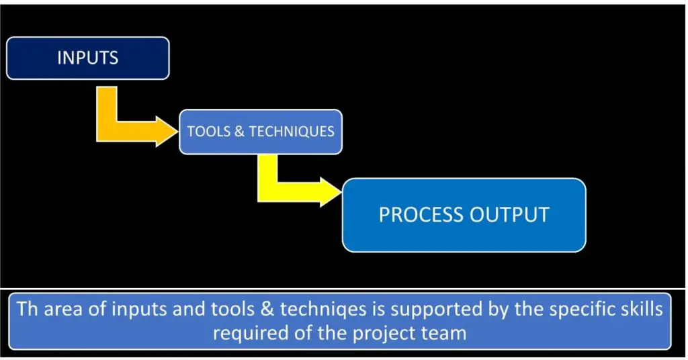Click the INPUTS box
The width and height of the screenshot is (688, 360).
tap(88, 58)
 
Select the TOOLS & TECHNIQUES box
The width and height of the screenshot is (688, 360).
tap(261, 132)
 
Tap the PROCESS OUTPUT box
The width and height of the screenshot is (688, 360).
tap(464, 215)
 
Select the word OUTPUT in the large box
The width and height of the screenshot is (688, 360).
tap(509, 215)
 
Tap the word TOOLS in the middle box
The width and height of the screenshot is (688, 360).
tap(208, 132)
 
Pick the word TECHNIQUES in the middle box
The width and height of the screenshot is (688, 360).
tap(292, 132)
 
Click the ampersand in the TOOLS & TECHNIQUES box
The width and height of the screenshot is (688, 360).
tap(239, 132)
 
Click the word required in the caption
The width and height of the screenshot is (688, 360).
tap(251, 334)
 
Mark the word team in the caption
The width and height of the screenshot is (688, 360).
tap(443, 333)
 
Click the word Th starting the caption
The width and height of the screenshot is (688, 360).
tap(27, 309)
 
